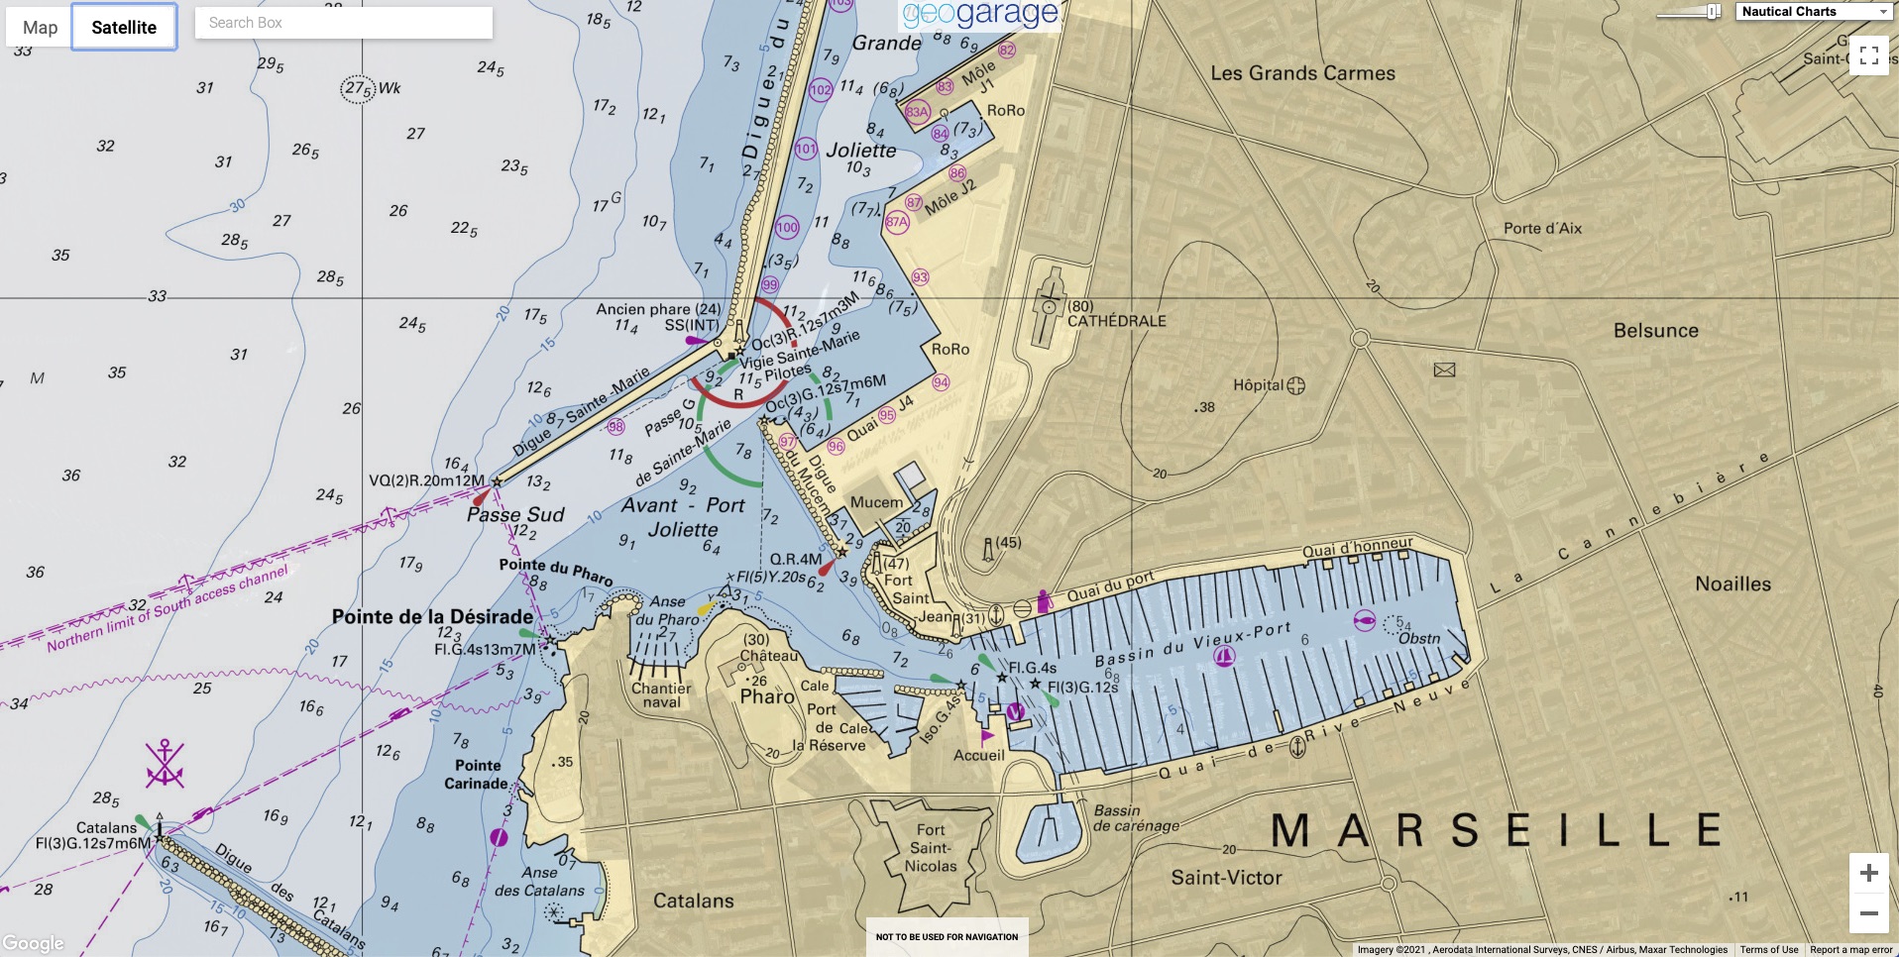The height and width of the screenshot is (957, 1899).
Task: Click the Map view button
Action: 40,27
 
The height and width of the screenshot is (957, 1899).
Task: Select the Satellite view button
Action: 124,27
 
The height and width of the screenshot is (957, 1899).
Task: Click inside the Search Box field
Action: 343,23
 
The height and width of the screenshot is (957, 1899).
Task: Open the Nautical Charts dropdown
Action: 1814,12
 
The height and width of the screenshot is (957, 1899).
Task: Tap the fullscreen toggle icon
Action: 1869,55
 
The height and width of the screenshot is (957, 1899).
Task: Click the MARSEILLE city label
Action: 1496,830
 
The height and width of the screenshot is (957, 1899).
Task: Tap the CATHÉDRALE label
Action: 1117,321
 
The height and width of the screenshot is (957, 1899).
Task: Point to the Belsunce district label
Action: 1655,331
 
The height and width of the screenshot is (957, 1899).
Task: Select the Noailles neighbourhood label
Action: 1732,584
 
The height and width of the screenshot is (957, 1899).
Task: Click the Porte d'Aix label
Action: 1542,228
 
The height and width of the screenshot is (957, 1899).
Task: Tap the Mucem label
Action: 876,502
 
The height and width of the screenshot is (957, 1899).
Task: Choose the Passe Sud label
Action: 515,514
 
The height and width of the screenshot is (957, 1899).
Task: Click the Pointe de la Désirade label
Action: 432,616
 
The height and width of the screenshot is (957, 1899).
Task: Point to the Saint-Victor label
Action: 1226,878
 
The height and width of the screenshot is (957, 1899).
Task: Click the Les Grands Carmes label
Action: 1302,73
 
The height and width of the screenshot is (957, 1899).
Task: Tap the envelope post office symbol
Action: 1445,370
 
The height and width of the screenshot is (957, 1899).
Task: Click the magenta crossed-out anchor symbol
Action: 165,764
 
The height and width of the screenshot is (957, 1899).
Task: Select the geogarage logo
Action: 979,14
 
